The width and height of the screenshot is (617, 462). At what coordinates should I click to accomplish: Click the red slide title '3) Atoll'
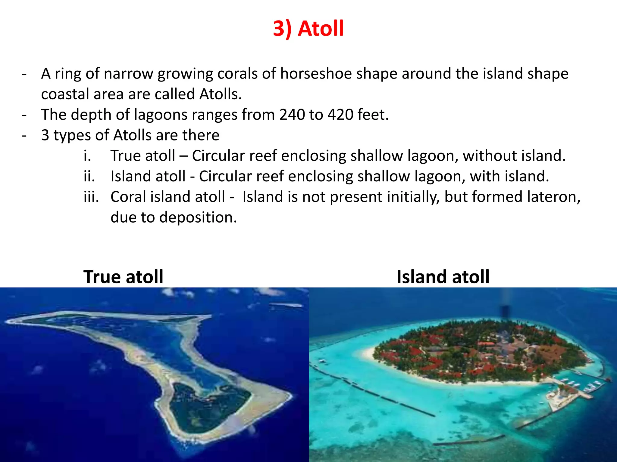pos(308,29)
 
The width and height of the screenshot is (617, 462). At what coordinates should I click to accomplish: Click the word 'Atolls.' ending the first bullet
pos(221,94)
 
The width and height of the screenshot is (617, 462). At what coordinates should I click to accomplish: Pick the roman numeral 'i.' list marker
pos(87,156)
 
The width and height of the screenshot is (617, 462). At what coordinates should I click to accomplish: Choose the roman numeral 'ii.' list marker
pos(89,176)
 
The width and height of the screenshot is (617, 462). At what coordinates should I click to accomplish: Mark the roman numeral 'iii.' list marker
pos(91,197)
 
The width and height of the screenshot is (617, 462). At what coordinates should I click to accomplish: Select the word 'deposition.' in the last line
pos(198,217)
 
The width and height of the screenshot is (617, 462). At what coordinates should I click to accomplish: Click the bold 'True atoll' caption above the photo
pos(123,277)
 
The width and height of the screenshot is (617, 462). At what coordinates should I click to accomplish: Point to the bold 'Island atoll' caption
pos(443,277)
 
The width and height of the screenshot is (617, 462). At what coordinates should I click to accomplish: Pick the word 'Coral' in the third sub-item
pos(128,197)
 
